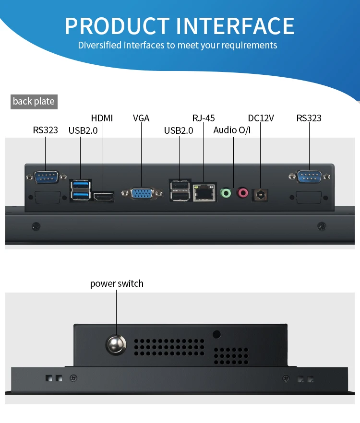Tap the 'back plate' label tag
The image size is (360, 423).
coord(34,101)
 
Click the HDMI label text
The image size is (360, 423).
coord(102,118)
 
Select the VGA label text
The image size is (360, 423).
coord(141,118)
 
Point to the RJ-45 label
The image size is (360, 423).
coord(204,118)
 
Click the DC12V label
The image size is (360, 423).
coord(261,118)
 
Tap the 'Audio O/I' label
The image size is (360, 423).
coord(232,130)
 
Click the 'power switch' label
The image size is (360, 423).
coord(117,283)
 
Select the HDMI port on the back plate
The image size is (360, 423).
coord(103,197)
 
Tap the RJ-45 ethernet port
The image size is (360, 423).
coord(204,193)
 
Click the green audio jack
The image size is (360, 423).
coord(226,193)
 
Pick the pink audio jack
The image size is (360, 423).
coord(243,193)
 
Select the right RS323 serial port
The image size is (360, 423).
coord(309,177)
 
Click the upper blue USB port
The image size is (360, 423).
coord(81,185)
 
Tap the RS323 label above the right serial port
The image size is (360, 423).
coord(309,118)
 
